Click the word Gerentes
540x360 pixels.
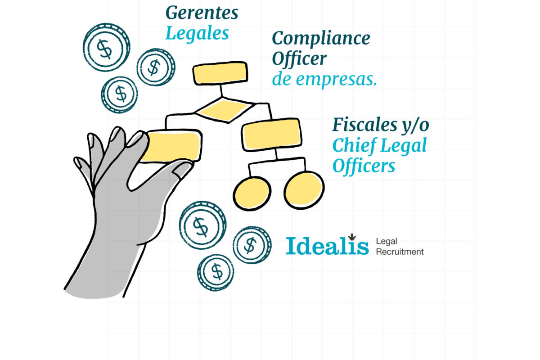tap(202, 13)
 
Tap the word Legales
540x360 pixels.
tap(197, 34)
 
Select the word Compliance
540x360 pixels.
tap(321, 39)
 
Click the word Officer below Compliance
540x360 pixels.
tap(299, 59)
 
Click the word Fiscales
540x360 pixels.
tap(365, 125)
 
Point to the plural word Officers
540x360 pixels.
tap(364, 166)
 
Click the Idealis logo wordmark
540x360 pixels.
tap(327, 247)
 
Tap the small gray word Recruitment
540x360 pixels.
tap(400, 252)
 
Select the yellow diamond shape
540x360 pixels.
tap(224, 110)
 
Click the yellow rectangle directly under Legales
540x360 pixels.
tap(220, 73)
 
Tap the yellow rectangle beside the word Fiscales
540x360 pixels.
tap(271, 134)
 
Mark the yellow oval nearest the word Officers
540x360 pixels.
tap(304, 189)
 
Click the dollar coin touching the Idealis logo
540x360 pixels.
tap(252, 245)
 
